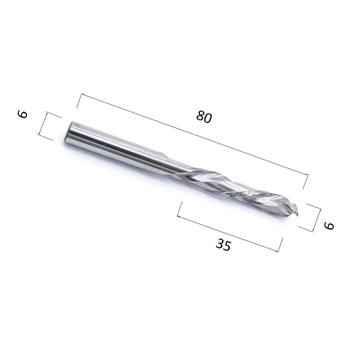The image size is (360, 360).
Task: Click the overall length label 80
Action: pos(204,117)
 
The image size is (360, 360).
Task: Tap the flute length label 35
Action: pos(223,245)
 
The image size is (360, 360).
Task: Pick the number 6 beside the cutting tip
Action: pos(329,225)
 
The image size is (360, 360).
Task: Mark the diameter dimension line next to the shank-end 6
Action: pos(43,125)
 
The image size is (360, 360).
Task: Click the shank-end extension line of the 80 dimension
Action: pos(79,101)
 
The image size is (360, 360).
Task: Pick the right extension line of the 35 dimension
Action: pos(280,244)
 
